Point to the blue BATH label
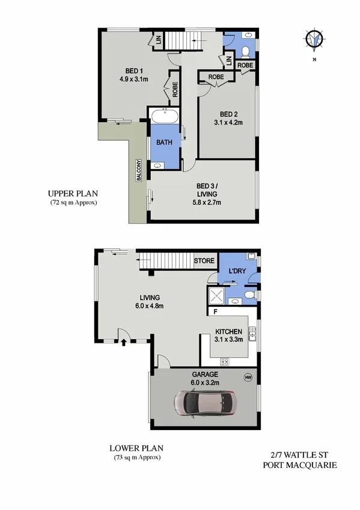pyautogui.click(x=165, y=143)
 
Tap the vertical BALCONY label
pyautogui.click(x=138, y=170)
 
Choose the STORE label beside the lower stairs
pyautogui.click(x=204, y=261)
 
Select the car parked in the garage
pyautogui.click(x=204, y=403)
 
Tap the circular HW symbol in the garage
pyautogui.click(x=247, y=377)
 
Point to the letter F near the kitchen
pyautogui.click(x=215, y=312)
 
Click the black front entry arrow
pyautogui.click(x=124, y=343)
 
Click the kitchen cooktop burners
pyautogui.click(x=225, y=361)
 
